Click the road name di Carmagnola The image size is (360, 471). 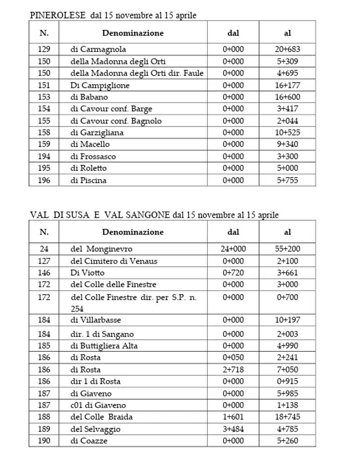(x=98, y=49)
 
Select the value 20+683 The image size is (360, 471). (x=287, y=49)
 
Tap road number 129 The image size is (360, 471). (x=44, y=49)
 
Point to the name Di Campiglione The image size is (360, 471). (x=100, y=85)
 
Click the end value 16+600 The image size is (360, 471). (x=287, y=97)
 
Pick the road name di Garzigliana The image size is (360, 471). (x=97, y=133)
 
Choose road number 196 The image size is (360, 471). (x=44, y=180)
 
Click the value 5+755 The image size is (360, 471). (x=287, y=180)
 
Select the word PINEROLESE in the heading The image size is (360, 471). (x=58, y=15)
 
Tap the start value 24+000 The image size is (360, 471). (x=233, y=249)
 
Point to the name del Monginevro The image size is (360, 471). (x=101, y=249)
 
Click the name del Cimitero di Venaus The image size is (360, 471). (x=114, y=261)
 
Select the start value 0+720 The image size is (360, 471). (x=233, y=273)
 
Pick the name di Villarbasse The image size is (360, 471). (x=96, y=320)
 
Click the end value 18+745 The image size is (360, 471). (x=287, y=417)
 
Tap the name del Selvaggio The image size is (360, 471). (x=95, y=429)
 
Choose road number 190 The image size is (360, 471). (x=44, y=441)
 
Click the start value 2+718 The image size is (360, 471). (x=233, y=369)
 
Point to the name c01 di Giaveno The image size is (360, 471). (x=98, y=405)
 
